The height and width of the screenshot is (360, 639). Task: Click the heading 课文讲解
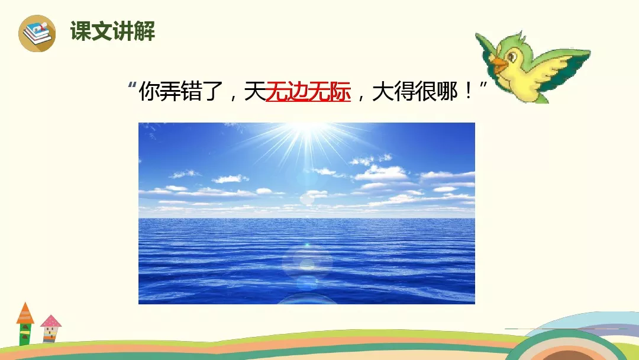(112, 31)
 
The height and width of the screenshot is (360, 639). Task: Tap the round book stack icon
(37, 33)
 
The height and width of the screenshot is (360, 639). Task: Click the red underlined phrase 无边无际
(308, 91)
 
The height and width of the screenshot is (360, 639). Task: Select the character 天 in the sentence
(254, 91)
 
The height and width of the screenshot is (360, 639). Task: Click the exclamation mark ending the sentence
(468, 91)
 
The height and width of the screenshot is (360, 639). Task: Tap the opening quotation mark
(131, 86)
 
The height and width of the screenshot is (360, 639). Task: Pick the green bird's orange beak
(499, 65)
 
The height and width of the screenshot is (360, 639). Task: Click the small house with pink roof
(51, 329)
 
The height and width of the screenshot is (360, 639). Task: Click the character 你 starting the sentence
(149, 91)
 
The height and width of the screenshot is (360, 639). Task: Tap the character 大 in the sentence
(383, 91)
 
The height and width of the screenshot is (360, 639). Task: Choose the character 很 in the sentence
(425, 91)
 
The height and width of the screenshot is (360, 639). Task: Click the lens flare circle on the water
(307, 262)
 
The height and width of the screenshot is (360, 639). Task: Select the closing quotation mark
(483, 86)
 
